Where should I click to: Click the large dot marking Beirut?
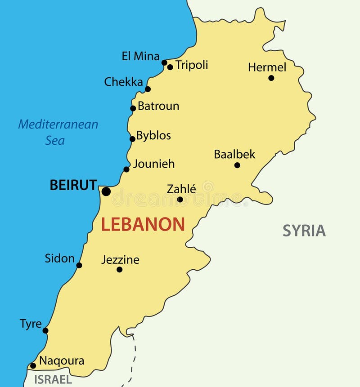(106, 191)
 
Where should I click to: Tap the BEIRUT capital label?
(73, 185)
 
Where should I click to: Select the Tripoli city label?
(192, 65)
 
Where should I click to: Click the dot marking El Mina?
(164, 62)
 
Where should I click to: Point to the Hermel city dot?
(271, 78)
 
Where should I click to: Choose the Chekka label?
(123, 82)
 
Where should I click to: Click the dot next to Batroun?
(133, 108)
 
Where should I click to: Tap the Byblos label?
(153, 136)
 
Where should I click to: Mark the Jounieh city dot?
(126, 169)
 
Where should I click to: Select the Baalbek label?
(234, 155)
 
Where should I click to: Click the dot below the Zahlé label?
(180, 200)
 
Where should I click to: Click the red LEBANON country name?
(143, 224)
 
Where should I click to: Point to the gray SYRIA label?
(304, 231)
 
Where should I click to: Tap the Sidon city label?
(59, 258)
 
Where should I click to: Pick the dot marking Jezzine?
(119, 270)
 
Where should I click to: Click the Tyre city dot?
(45, 330)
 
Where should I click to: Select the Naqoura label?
(62, 361)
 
